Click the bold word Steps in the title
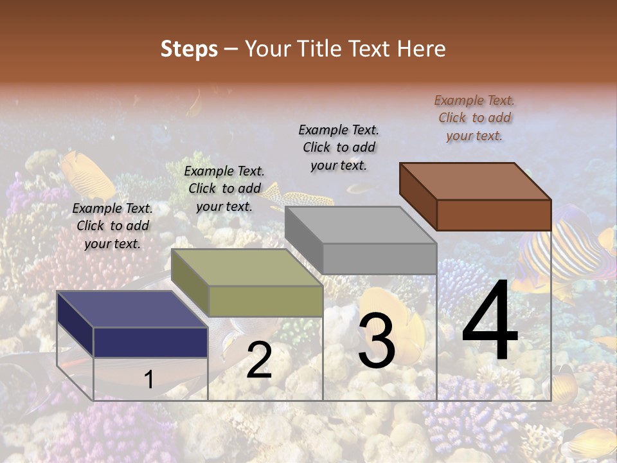click(189, 49)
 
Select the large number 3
click(376, 340)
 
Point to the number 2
click(259, 361)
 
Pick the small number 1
click(149, 379)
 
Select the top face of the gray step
click(361, 225)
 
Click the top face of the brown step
click(475, 181)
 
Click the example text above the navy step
click(112, 226)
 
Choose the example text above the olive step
click(224, 188)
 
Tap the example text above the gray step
click(339, 147)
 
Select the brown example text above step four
click(474, 118)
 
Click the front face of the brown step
click(494, 215)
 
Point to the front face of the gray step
click(379, 259)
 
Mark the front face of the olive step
click(265, 301)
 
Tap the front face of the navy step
click(150, 342)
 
